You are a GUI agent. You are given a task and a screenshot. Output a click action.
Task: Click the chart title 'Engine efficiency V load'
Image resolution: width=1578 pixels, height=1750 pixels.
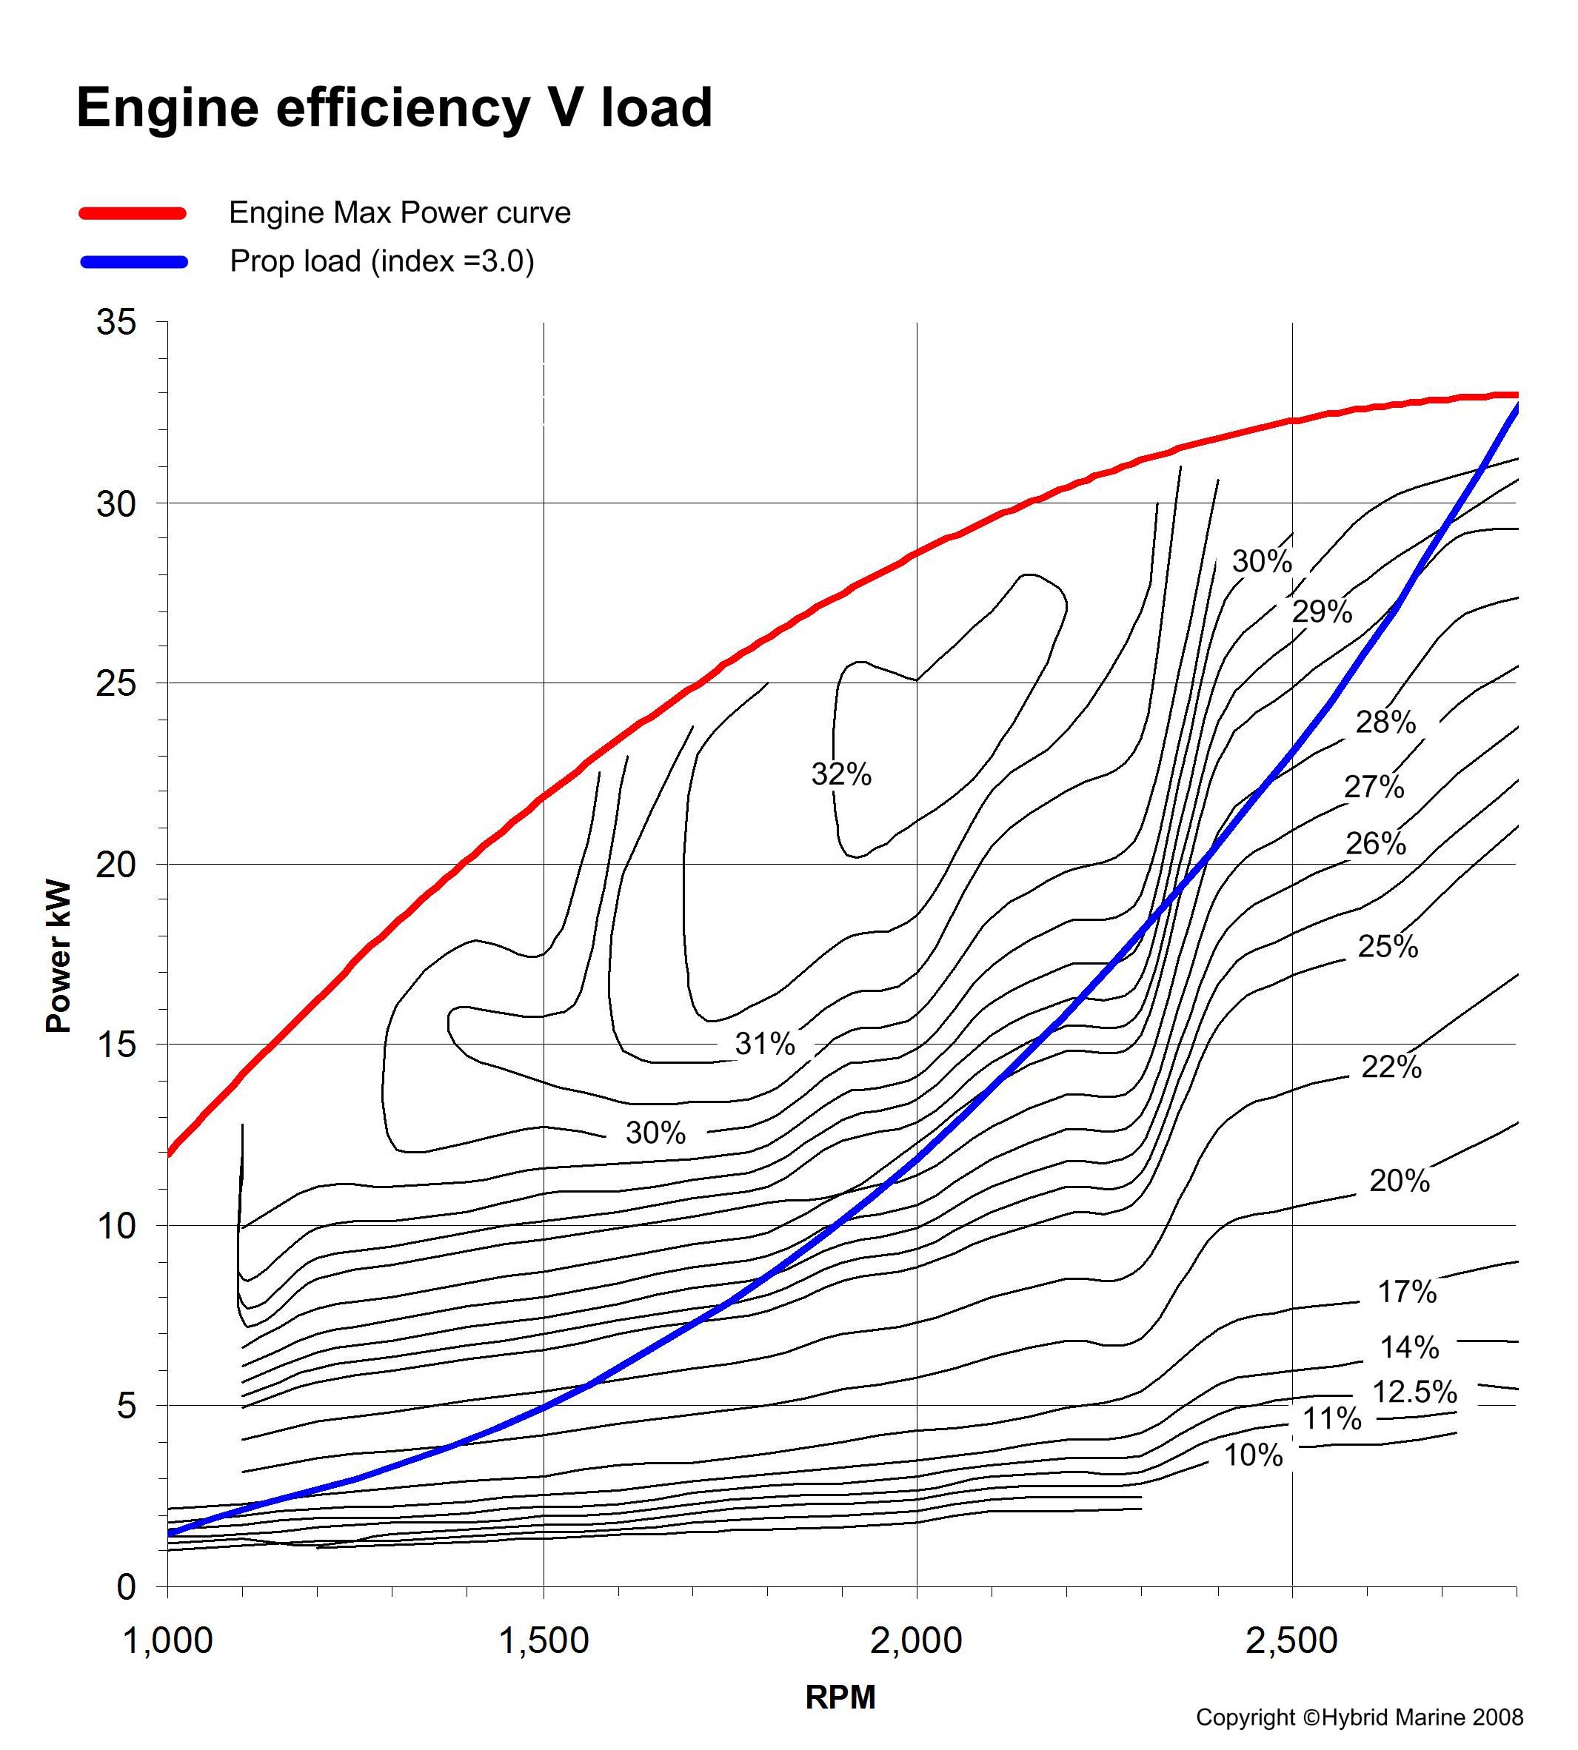[x=395, y=107]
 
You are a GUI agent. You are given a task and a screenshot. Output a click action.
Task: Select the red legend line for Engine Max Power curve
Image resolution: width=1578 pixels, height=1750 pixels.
[x=133, y=213]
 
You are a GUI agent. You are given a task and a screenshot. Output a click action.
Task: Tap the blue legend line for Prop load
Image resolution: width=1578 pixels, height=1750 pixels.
[x=133, y=262]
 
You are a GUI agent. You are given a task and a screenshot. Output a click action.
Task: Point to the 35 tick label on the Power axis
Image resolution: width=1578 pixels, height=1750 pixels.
[x=116, y=323]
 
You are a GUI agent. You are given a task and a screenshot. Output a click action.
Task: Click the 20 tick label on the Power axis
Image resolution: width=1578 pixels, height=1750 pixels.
[x=116, y=864]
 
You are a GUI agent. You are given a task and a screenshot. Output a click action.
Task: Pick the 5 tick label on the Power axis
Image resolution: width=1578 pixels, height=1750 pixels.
[x=127, y=1406]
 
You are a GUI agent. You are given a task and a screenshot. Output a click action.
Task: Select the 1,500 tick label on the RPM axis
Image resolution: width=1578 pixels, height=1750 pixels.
[x=544, y=1640]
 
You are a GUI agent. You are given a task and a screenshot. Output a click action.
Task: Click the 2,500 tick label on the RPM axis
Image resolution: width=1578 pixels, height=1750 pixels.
[x=1292, y=1640]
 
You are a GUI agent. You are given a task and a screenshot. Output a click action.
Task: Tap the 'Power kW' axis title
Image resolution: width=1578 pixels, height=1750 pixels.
[x=58, y=957]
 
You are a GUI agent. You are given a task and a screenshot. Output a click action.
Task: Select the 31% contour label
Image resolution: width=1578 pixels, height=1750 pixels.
[x=765, y=1044]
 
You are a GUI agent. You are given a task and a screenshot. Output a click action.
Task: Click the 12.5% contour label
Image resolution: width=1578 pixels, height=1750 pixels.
[x=1414, y=1391]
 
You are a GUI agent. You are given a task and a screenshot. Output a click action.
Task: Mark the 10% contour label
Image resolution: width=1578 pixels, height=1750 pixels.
[x=1253, y=1455]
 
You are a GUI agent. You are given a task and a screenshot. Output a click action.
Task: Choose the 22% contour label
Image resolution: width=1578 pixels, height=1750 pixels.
[x=1391, y=1067]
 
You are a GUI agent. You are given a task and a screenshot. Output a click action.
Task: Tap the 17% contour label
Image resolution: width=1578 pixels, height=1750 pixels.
[x=1406, y=1292]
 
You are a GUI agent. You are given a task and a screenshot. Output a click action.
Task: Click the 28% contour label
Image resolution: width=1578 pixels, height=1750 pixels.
[x=1385, y=722]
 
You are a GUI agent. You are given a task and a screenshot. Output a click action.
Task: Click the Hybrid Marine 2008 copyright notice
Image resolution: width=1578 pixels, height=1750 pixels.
[x=1359, y=1717]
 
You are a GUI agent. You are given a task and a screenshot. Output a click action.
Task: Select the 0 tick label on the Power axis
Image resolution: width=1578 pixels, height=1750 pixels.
[x=127, y=1587]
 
